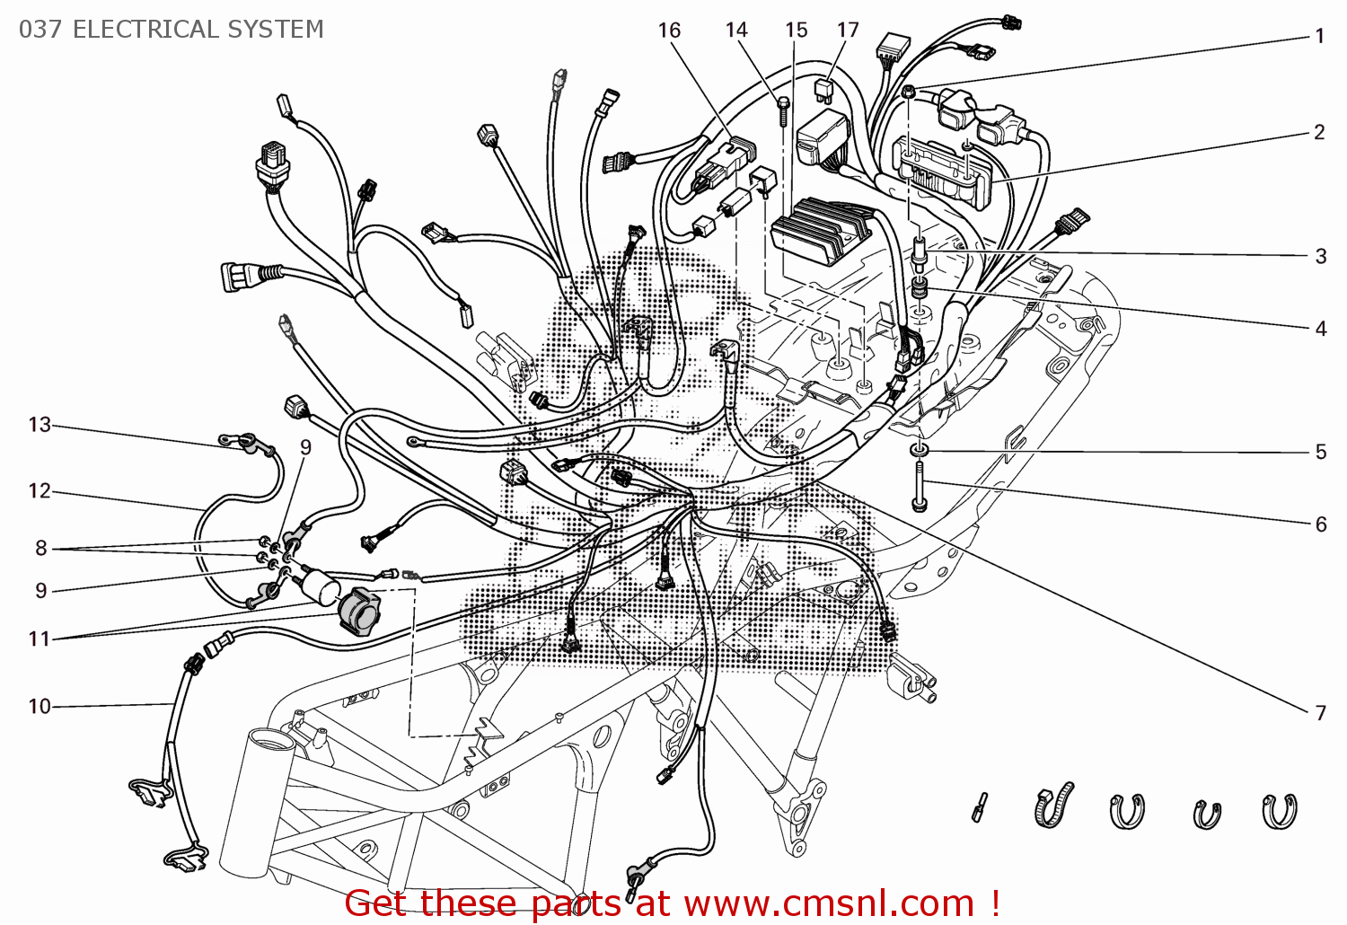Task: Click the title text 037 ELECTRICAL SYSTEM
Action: point(171,30)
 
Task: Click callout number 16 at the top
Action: point(669,31)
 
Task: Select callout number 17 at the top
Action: point(848,31)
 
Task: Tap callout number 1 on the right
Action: point(1319,37)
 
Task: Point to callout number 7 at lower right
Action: point(1320,713)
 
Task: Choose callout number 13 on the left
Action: point(40,425)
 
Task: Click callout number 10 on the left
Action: point(40,707)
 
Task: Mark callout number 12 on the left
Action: point(40,491)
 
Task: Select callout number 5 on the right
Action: point(1320,452)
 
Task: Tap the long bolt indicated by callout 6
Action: point(918,486)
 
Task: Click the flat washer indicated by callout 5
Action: point(919,448)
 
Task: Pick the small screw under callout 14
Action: point(783,110)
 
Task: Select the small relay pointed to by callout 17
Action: point(823,87)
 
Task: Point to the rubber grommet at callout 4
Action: point(919,289)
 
